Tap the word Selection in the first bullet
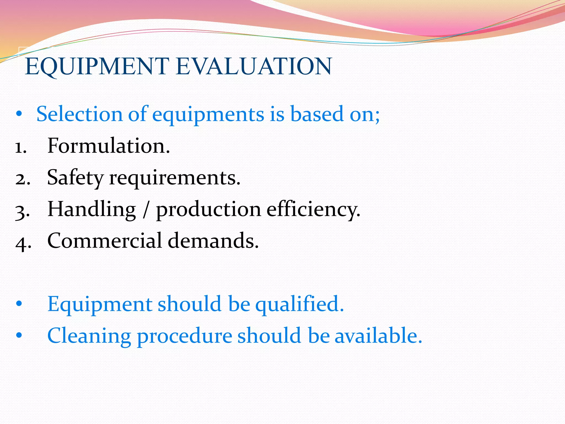pyautogui.click(x=79, y=114)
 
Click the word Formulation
pyautogui.click(x=108, y=146)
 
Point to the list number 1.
pyautogui.click(x=21, y=147)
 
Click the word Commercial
pyautogui.click(x=105, y=241)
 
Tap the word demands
pyautogui.click(x=213, y=241)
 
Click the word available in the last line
pyautogui.click(x=378, y=336)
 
